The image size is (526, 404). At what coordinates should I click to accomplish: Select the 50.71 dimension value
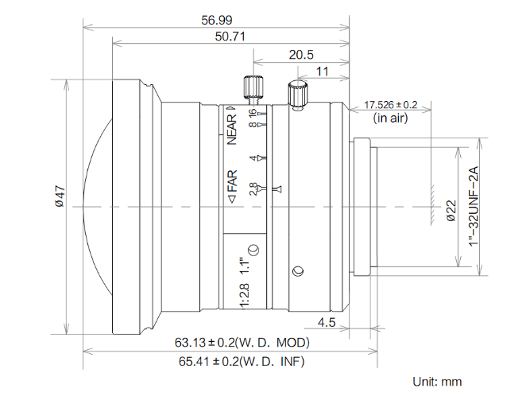pyautogui.click(x=228, y=37)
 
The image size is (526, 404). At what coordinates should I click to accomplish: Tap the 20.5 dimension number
pyautogui.click(x=302, y=55)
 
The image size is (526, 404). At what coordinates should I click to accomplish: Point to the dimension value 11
pyautogui.click(x=323, y=72)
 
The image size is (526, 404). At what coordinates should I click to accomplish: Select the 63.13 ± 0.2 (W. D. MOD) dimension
pyautogui.click(x=242, y=343)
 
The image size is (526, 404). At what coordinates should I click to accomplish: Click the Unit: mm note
pyautogui.click(x=436, y=382)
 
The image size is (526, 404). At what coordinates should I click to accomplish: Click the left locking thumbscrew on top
pyautogui.click(x=253, y=87)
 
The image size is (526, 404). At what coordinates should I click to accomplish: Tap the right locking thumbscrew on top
pyautogui.click(x=297, y=94)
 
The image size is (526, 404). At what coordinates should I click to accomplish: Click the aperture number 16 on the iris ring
pyautogui.click(x=253, y=114)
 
